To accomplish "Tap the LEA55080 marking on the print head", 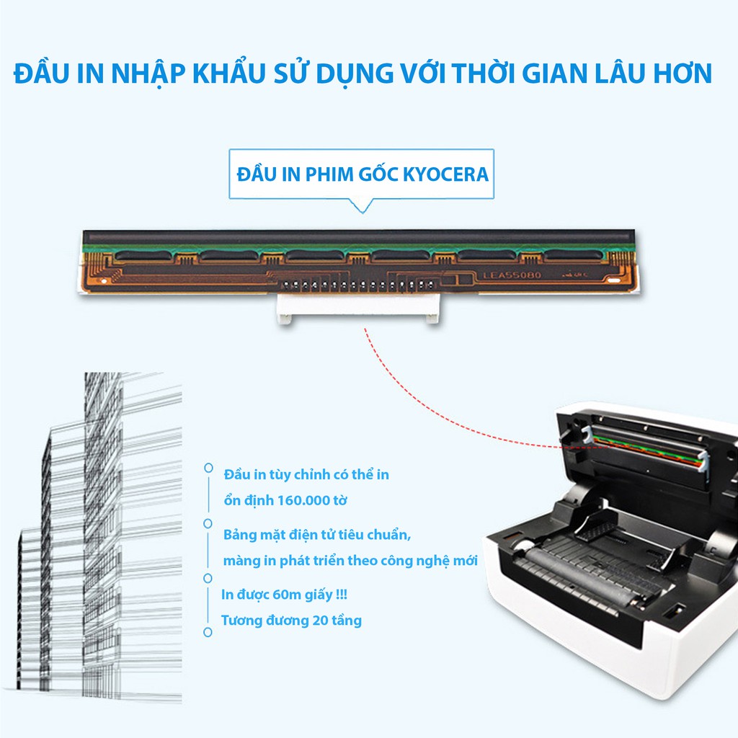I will pos(512,275).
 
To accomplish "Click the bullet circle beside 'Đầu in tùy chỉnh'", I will pos(208,468).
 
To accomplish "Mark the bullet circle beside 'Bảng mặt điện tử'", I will pos(208,523).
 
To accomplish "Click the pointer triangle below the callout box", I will pos(361,205).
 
